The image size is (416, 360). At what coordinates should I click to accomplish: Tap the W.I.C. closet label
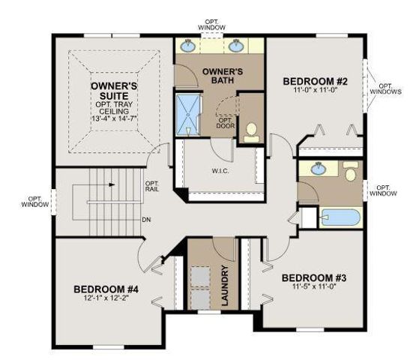tap(220, 170)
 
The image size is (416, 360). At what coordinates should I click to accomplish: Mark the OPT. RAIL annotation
tap(152, 187)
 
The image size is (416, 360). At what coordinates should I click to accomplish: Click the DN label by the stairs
tap(147, 220)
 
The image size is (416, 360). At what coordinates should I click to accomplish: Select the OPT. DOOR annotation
tap(224, 123)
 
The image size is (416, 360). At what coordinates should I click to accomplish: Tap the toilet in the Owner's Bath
tap(252, 130)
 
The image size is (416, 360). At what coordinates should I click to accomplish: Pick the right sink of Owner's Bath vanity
tap(238, 46)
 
